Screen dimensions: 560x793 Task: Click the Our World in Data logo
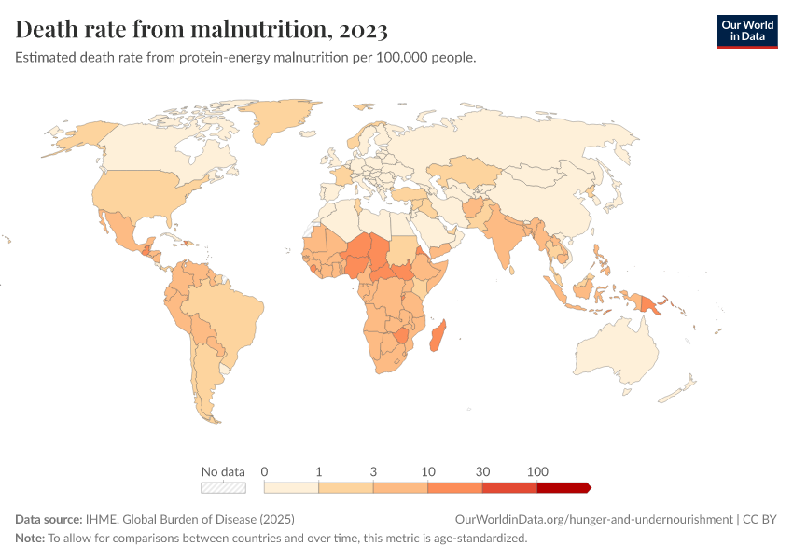click(746, 31)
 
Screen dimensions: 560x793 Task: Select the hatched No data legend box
click(223, 487)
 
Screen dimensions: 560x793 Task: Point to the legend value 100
click(537, 471)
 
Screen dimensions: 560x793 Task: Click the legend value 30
click(482, 471)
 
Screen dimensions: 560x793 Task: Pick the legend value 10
click(428, 471)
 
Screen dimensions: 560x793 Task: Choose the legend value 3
click(373, 471)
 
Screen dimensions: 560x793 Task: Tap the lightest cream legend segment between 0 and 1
click(291, 487)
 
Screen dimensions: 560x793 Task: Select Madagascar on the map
click(437, 336)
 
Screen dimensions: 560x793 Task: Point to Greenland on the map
click(280, 121)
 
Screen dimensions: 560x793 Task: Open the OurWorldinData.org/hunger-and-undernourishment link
click(593, 519)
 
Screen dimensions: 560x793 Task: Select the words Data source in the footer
click(49, 519)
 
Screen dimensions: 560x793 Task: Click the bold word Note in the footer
click(29, 539)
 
